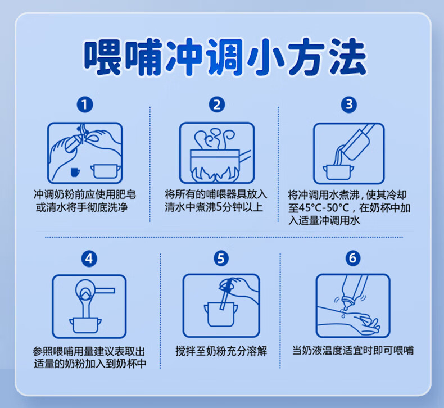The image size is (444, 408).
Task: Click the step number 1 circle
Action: (85, 105)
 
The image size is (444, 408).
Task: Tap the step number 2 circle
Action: (217, 105)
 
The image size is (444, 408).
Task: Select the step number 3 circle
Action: (349, 105)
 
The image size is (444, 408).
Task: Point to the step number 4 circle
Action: (89, 258)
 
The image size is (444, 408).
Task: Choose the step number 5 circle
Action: (221, 258)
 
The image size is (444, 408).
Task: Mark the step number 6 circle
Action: (352, 258)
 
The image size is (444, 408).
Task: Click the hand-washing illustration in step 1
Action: (85, 152)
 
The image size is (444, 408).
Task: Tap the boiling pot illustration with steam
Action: (217, 152)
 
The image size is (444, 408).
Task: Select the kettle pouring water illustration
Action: (349, 152)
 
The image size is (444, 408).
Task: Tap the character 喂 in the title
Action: (103, 56)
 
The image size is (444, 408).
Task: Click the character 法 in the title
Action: (344, 56)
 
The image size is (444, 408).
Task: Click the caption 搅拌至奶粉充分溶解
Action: (221, 351)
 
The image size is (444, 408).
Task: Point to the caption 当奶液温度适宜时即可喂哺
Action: (352, 351)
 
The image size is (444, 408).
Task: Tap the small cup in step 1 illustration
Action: (75, 170)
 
